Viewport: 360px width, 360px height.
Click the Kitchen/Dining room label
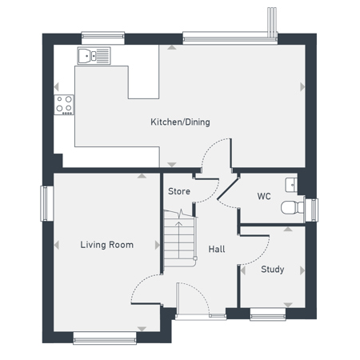click(x=180, y=122)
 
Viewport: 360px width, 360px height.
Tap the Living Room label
click(x=107, y=245)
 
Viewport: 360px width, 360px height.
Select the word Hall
click(x=217, y=249)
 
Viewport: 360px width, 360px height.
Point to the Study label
click(x=272, y=270)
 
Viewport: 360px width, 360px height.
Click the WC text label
click(x=264, y=196)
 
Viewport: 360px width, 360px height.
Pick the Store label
click(x=179, y=191)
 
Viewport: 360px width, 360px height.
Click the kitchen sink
click(x=94, y=56)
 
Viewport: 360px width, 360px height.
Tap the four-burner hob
click(x=64, y=105)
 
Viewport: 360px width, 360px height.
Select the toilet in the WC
click(x=292, y=207)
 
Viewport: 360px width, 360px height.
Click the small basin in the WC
click(x=291, y=185)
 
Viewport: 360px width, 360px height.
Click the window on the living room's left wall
click(x=47, y=203)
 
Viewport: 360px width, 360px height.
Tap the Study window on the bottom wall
click(x=268, y=314)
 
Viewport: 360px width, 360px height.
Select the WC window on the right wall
click(x=312, y=210)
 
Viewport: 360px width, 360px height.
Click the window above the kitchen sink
click(x=103, y=38)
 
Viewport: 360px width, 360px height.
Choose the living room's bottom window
click(x=105, y=338)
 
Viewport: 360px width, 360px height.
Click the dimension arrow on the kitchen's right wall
click(x=302, y=87)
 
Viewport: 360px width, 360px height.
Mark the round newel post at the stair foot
click(x=195, y=258)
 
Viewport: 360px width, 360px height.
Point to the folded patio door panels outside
click(x=272, y=22)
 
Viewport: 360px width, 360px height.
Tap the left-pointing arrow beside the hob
click(x=56, y=87)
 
